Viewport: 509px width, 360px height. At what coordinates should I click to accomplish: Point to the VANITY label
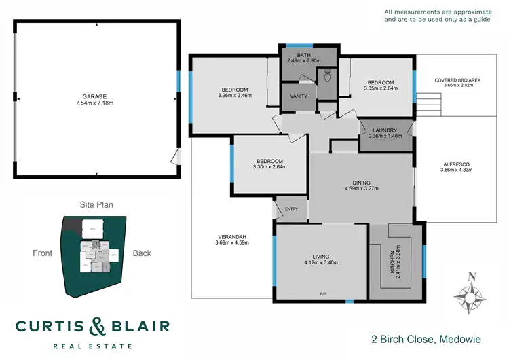(299, 96)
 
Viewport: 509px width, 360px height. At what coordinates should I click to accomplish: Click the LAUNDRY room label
(385, 128)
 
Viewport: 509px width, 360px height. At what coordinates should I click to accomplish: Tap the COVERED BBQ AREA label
(457, 80)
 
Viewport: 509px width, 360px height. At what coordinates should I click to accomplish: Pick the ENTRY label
(292, 209)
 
